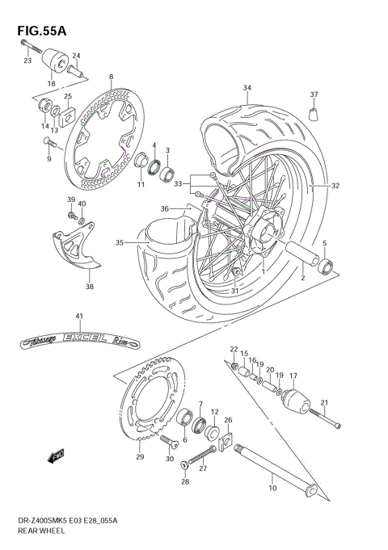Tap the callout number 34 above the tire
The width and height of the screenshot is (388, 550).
[247, 87]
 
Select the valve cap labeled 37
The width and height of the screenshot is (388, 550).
[314, 111]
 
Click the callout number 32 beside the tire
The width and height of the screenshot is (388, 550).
[335, 186]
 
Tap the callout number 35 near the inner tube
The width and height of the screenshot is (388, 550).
[119, 241]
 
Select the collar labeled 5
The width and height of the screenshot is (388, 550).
[326, 265]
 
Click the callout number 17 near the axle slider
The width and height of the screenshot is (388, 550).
[293, 375]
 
